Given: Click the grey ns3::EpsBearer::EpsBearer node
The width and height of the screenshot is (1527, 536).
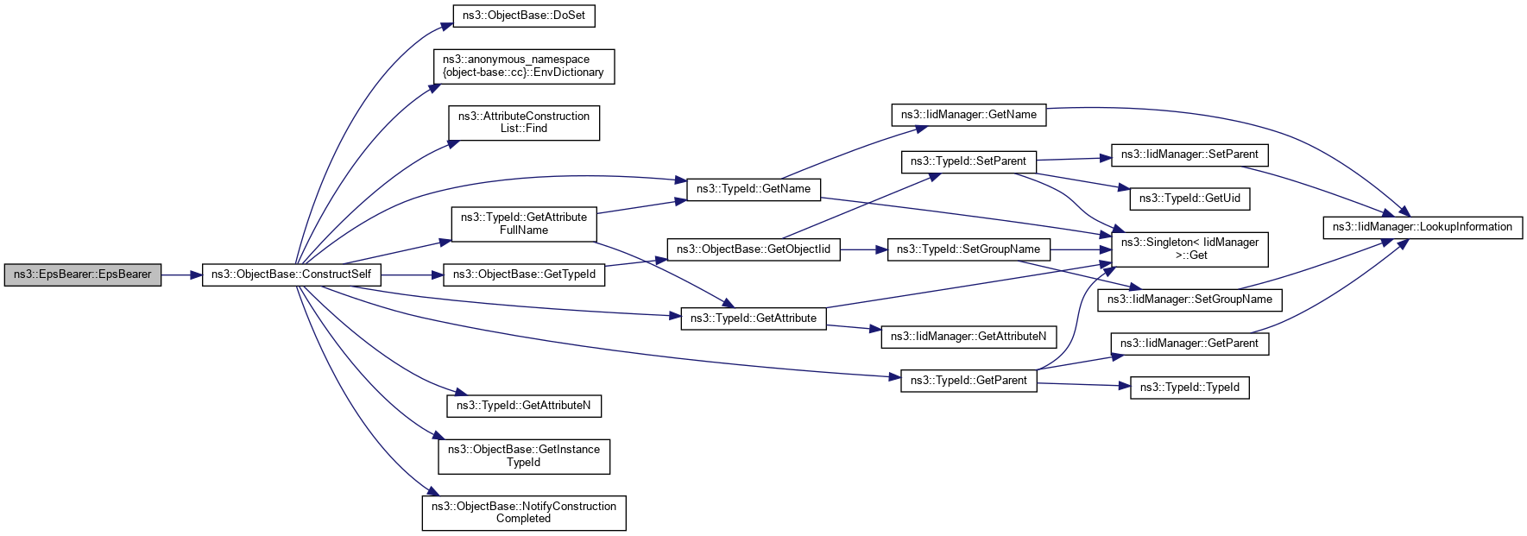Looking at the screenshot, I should tap(82, 274).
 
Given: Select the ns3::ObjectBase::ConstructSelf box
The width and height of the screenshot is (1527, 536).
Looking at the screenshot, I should tap(291, 274).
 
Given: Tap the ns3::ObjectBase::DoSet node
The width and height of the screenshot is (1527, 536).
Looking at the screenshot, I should tap(524, 16).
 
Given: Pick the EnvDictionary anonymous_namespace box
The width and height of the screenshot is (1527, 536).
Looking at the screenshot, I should tap(523, 66).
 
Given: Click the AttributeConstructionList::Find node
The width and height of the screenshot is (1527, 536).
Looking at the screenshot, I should tap(523, 123).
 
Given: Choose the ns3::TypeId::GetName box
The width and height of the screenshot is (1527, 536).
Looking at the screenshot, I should tap(753, 189).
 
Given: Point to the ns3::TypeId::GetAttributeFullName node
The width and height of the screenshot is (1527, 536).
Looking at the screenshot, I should tap(523, 224).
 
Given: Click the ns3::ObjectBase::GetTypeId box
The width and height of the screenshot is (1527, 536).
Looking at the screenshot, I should tap(524, 274).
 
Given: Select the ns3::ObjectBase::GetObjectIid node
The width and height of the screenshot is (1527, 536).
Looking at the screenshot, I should tap(753, 249).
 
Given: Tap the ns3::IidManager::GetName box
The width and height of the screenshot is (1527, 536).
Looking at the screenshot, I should tap(969, 115).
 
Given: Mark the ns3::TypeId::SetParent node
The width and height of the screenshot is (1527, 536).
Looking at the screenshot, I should tap(969, 161).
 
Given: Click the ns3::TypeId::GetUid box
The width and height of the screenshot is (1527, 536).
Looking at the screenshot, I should tap(1189, 199).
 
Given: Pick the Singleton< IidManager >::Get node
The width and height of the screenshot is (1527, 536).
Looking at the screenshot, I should tap(1189, 249).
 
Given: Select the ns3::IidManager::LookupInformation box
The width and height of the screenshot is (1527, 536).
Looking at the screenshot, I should tap(1422, 227).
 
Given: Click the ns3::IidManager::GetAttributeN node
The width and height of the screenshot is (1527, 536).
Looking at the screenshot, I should tap(968, 337).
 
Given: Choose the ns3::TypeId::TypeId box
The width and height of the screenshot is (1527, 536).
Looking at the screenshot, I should tap(1189, 388).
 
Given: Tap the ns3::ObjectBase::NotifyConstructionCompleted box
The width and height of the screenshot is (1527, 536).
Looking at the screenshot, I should tap(523, 513).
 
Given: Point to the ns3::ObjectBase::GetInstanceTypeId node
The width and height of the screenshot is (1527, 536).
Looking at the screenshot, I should tap(523, 456).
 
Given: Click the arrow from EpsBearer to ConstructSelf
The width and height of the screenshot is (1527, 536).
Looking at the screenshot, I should tap(181, 274).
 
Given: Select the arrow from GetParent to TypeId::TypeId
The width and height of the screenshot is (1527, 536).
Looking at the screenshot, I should tap(1083, 384).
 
